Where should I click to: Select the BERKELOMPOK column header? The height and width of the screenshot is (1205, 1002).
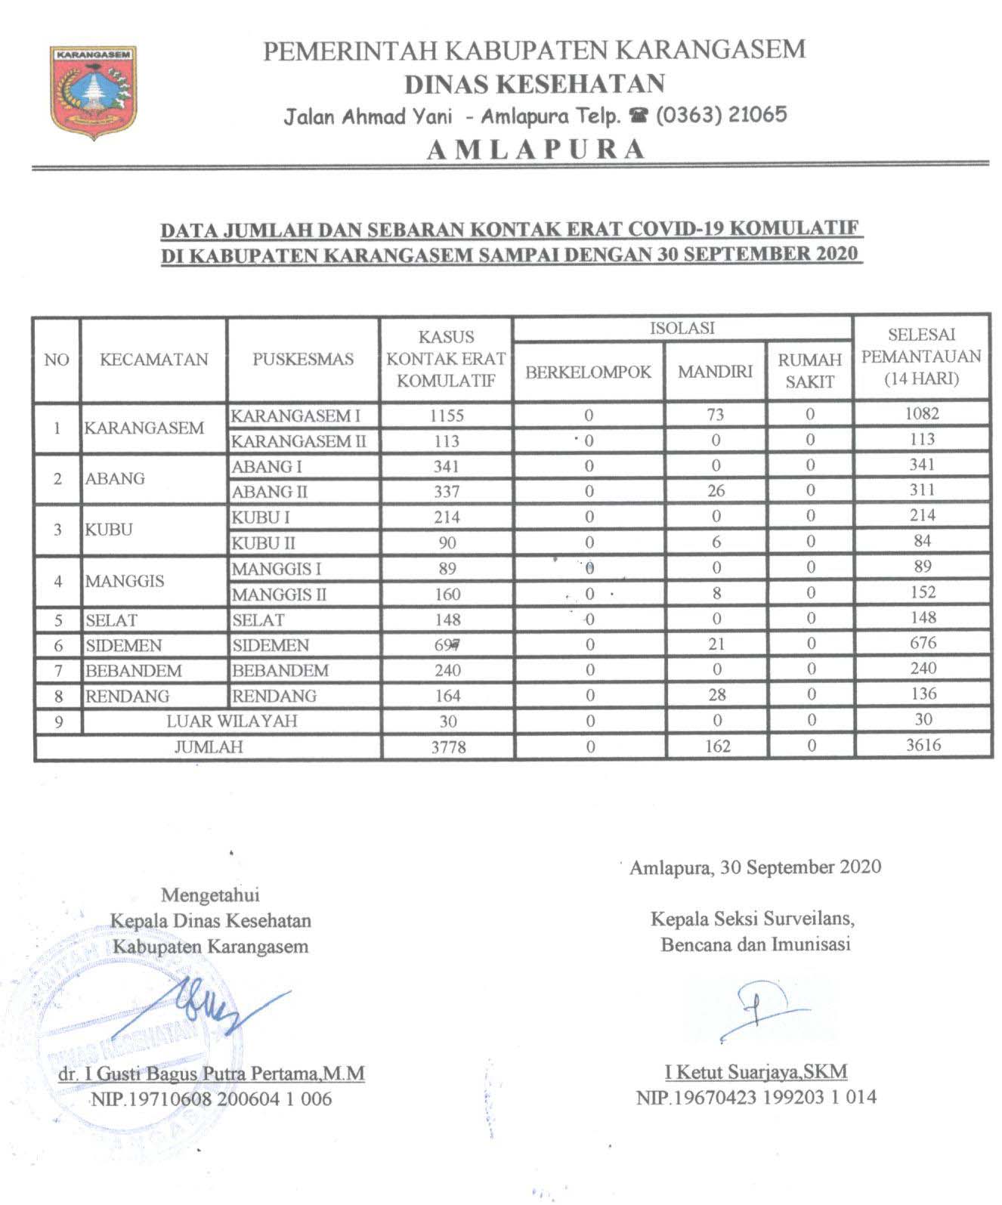tap(588, 372)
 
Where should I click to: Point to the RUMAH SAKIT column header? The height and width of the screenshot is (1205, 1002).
tap(809, 371)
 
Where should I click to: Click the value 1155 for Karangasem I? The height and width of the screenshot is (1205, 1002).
tap(447, 415)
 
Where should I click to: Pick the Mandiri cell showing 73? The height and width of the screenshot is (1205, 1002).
tap(715, 414)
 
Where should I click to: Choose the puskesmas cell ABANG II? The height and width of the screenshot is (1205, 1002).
tap(269, 492)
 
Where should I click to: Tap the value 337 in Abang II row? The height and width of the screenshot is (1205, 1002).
tap(447, 492)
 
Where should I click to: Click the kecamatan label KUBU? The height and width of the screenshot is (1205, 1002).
tap(109, 529)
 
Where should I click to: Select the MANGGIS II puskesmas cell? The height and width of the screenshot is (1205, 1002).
tap(279, 595)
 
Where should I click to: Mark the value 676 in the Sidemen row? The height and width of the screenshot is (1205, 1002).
tap(923, 643)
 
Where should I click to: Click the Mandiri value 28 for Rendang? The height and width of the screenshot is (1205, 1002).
tap(716, 695)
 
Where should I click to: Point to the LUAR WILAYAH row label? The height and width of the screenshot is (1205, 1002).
tap(231, 721)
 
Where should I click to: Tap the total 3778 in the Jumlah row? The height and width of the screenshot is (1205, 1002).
tap(448, 747)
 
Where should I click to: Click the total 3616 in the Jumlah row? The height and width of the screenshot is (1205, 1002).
tap(923, 745)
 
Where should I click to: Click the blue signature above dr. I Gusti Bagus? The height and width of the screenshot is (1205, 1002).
tap(219, 1010)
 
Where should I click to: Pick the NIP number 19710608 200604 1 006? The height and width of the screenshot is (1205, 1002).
tap(212, 1098)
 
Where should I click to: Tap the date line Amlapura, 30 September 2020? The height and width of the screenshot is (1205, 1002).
tap(756, 867)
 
